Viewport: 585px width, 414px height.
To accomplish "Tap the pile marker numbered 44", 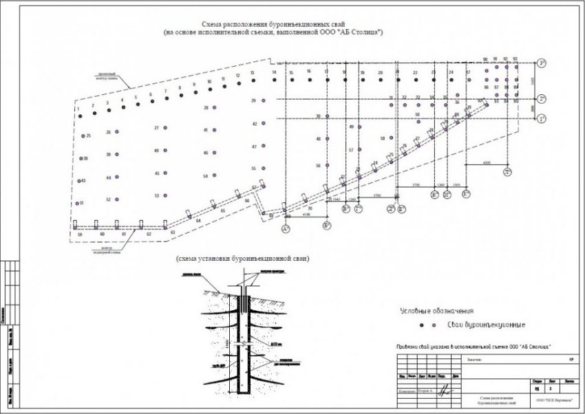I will tap(117, 178).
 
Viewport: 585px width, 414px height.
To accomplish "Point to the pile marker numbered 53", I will tap(166, 196).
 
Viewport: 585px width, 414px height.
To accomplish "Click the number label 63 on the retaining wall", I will tap(173, 235).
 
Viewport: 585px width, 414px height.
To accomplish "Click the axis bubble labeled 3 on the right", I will tap(542, 64).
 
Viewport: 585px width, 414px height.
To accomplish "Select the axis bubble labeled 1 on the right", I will tap(542, 119).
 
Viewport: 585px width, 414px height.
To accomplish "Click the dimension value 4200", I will tap(487, 162).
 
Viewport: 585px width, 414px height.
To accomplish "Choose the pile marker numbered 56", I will tap(327, 166).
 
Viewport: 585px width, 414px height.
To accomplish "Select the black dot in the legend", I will tap(421, 325).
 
